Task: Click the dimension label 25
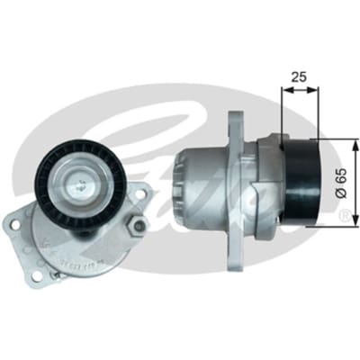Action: click(299, 77)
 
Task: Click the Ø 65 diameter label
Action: click(342, 183)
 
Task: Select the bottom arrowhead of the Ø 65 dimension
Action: click(355, 221)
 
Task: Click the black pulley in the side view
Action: click(301, 182)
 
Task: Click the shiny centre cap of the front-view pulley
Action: click(79, 186)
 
